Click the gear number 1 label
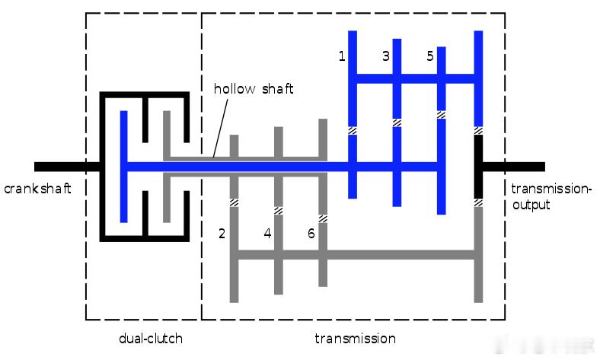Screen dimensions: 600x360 click(342, 56)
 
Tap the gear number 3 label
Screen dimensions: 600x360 click(386, 56)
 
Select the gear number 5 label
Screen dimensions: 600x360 click(430, 56)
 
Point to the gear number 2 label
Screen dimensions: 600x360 click(222, 234)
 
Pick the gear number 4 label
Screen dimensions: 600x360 click(267, 234)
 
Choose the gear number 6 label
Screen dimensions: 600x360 click(311, 234)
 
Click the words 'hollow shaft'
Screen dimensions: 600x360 click(254, 89)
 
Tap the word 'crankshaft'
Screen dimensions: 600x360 click(37, 188)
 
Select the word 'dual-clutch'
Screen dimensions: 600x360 click(151, 338)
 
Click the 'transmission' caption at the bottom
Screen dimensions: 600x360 click(355, 338)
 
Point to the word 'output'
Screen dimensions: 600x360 click(531, 205)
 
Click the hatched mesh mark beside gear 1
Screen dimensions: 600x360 click(353, 130)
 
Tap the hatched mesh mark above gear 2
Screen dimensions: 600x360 click(234, 202)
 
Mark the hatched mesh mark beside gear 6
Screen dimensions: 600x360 click(323, 219)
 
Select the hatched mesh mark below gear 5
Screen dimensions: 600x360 click(441, 115)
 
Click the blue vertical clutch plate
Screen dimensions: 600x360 click(123, 167)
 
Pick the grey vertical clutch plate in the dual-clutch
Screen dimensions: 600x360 click(167, 167)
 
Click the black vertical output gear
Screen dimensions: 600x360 click(478, 167)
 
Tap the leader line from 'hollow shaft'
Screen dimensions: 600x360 click(220, 128)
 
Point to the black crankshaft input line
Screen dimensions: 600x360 click(67, 167)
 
